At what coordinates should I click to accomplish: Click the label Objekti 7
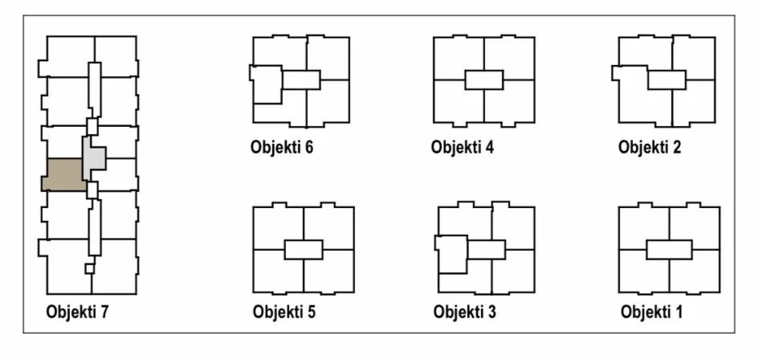(x=77, y=312)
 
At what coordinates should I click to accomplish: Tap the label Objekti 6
(x=282, y=146)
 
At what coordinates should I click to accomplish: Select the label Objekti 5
(x=284, y=312)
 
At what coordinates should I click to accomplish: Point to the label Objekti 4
(x=463, y=146)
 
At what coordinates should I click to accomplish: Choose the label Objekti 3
(x=465, y=312)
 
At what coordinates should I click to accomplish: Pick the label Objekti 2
(x=650, y=146)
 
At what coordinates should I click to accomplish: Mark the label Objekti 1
(x=651, y=312)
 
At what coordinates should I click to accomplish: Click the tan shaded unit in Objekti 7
(x=64, y=174)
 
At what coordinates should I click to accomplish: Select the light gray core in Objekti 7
(x=92, y=158)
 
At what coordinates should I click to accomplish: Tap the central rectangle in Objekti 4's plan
(x=484, y=80)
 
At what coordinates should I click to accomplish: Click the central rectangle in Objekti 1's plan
(x=669, y=249)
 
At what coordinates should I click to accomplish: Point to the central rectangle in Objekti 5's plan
(x=304, y=249)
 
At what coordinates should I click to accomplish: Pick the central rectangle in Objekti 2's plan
(x=667, y=80)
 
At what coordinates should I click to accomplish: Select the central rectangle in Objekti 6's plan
(x=301, y=80)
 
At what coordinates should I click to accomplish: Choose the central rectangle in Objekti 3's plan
(x=486, y=249)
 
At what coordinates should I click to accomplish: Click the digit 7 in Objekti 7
(x=104, y=312)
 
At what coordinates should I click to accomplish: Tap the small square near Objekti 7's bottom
(x=89, y=268)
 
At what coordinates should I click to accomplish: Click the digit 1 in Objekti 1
(x=679, y=312)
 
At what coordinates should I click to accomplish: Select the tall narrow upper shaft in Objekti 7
(x=95, y=90)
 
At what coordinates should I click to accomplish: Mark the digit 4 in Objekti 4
(x=489, y=146)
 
